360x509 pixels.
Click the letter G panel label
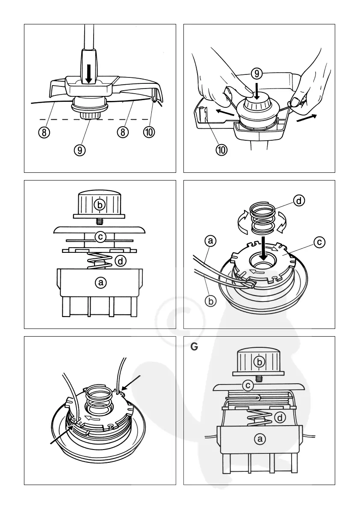click(194, 347)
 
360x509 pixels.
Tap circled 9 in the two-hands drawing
click(257, 74)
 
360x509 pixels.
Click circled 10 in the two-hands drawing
click(222, 150)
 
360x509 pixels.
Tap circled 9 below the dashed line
click(80, 150)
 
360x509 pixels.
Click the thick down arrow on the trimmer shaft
click(89, 74)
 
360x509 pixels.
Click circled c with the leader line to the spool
click(319, 242)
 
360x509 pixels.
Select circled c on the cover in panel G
click(248, 386)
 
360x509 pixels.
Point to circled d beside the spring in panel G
click(280, 418)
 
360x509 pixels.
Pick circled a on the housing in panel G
click(259, 438)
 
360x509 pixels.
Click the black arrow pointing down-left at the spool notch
click(133, 384)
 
